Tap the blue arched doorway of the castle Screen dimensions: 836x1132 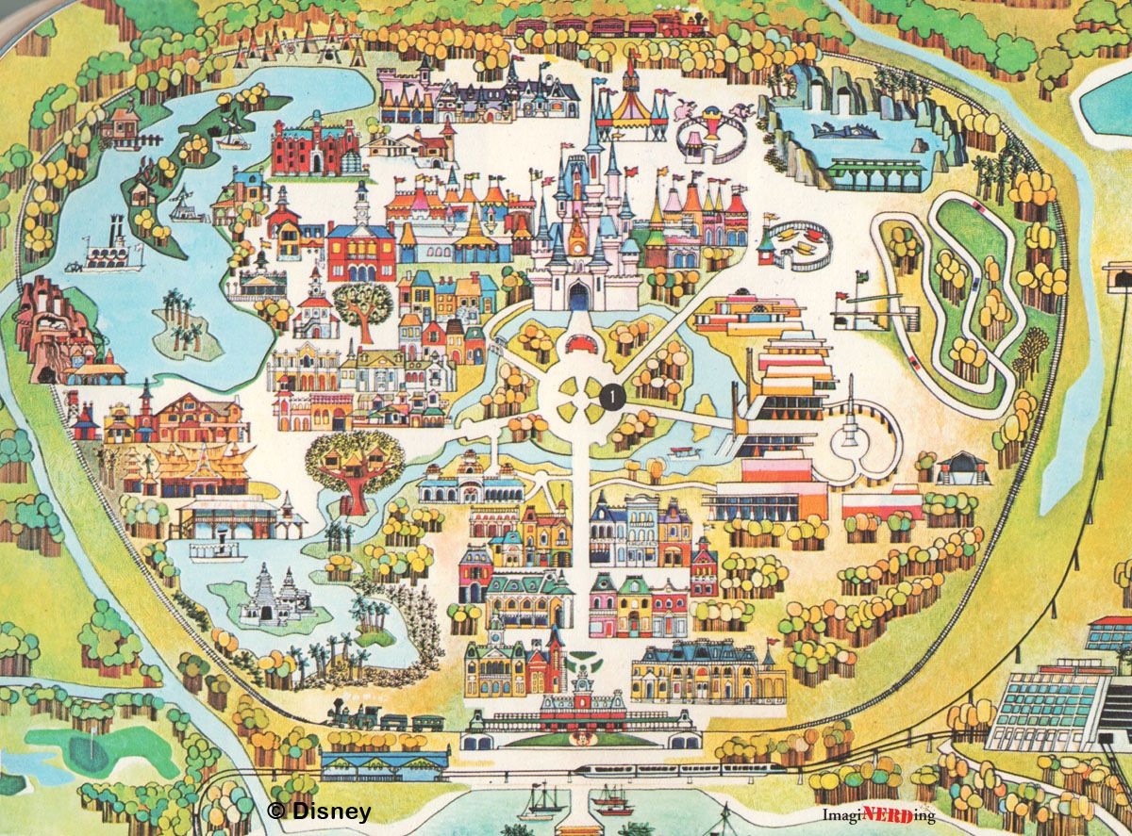tap(578, 298)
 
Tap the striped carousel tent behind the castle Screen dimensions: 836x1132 tap(631, 111)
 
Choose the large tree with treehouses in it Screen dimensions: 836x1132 tap(355, 467)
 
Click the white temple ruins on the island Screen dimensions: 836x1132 tap(275, 594)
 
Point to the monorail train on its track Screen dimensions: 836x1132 tap(679, 770)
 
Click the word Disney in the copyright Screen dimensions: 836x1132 tap(330, 811)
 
